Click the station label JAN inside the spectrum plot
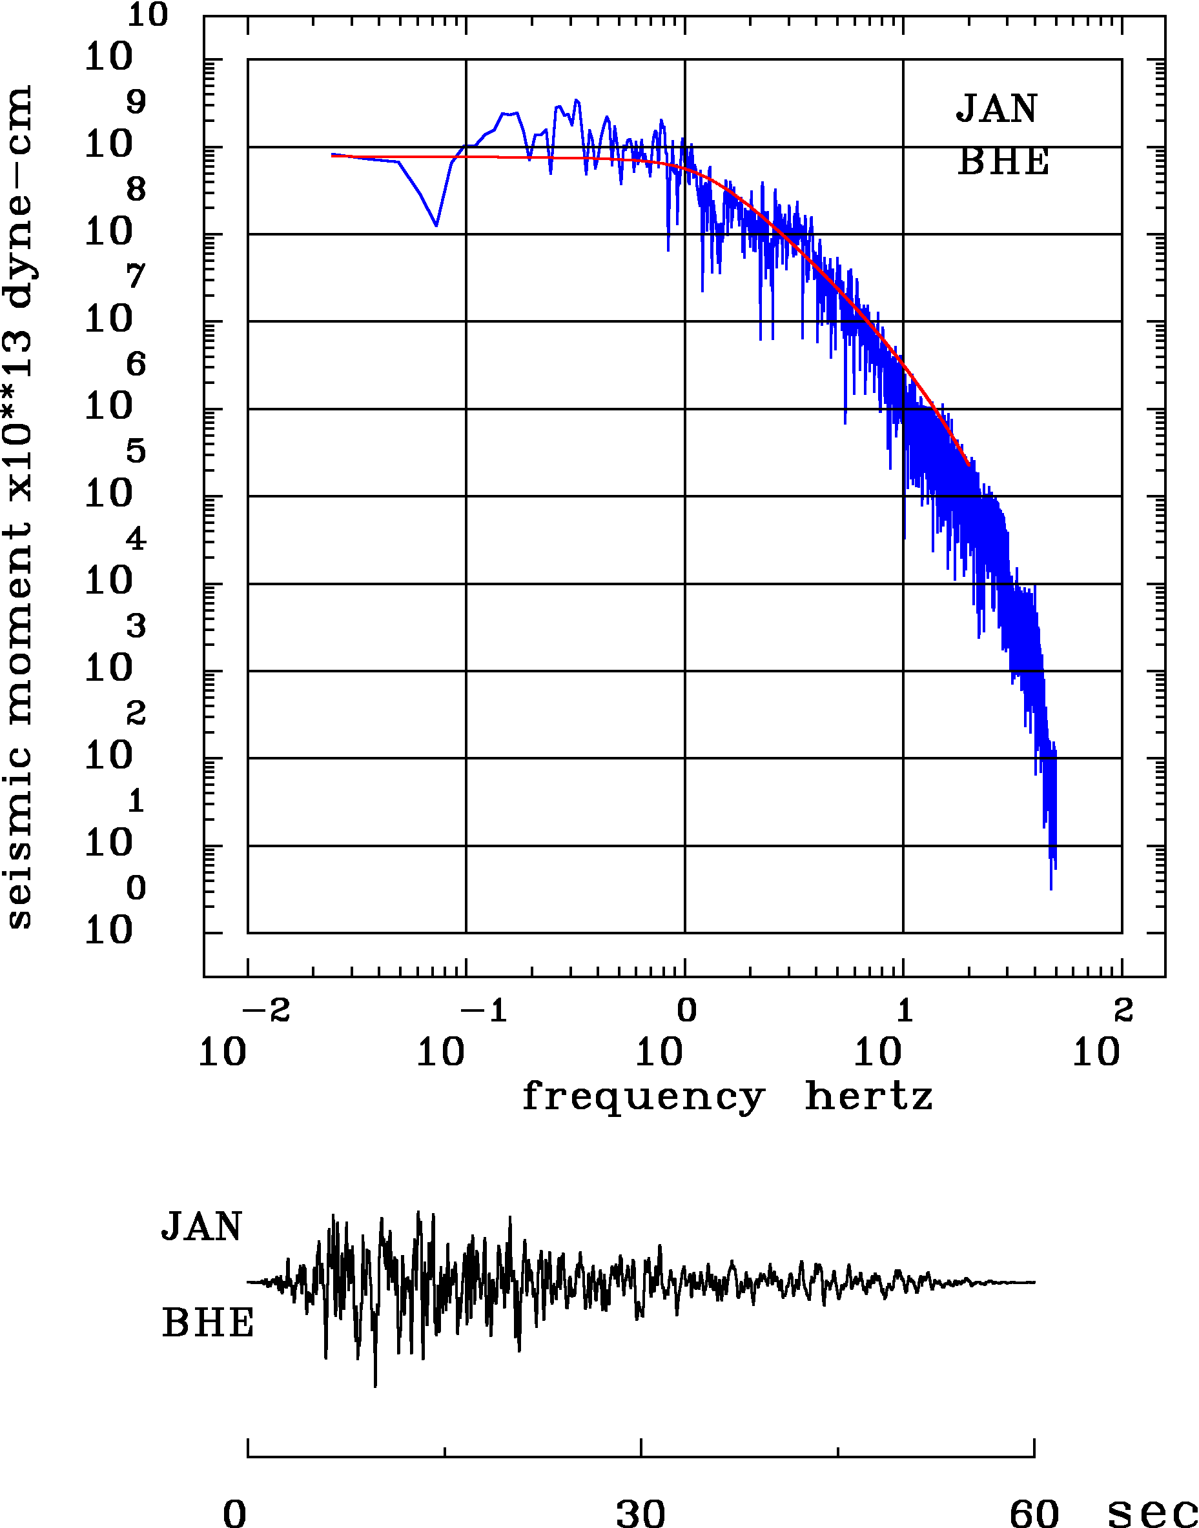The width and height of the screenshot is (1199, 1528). (x=996, y=109)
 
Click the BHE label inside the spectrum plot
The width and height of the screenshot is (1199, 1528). (x=1003, y=162)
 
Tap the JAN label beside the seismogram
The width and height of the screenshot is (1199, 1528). (x=201, y=1226)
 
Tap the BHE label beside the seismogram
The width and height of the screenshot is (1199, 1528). (x=207, y=1323)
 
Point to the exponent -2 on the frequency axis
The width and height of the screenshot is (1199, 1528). (x=267, y=1010)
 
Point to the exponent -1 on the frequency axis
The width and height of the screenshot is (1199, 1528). (x=485, y=1010)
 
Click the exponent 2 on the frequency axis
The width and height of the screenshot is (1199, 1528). (x=1124, y=1010)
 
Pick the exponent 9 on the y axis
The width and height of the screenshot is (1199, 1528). (x=136, y=103)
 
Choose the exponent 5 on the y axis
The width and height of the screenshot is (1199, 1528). (x=136, y=451)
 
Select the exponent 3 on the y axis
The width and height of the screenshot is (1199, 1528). (x=136, y=626)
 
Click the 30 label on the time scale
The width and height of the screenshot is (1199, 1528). (x=640, y=1513)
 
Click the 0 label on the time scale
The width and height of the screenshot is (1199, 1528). (x=235, y=1513)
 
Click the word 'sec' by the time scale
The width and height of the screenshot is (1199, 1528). (x=1151, y=1513)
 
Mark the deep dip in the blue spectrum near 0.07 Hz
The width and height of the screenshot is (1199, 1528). (x=436, y=225)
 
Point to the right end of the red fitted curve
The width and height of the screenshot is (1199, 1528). (x=968, y=465)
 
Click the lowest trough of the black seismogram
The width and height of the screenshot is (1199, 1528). (x=375, y=1386)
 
